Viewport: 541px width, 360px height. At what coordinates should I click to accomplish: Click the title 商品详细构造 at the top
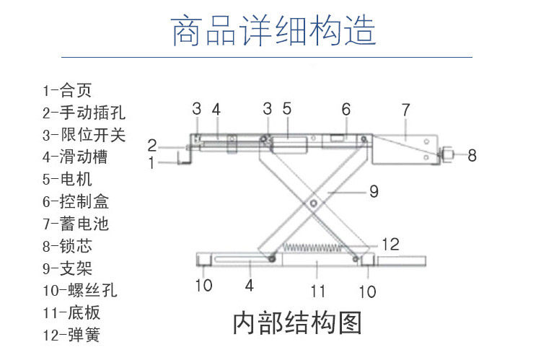coord(273,31)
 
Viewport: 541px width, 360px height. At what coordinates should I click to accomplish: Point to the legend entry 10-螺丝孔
coord(79,291)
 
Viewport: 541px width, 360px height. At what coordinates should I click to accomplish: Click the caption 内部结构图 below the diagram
coord(296,322)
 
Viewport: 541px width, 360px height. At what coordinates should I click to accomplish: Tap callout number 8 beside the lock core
coord(472,155)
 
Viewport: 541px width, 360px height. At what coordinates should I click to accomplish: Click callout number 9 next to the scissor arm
coord(373,192)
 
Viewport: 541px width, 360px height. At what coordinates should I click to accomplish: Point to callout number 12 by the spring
coord(391,245)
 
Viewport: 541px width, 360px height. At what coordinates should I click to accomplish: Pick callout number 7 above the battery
coord(405,110)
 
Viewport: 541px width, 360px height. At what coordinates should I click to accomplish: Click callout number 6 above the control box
coord(346,110)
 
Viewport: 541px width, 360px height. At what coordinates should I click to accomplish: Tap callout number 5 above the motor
coord(286,110)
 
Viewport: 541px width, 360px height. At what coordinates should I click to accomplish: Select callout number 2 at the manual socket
coord(152,144)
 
